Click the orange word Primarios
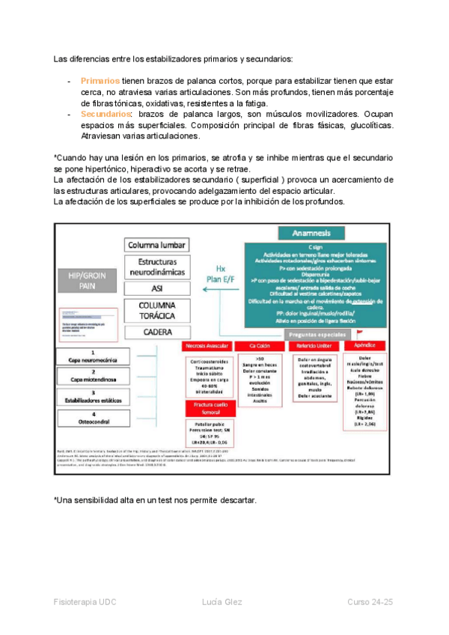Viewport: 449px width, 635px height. click(100, 81)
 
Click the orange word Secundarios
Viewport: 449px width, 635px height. click(105, 114)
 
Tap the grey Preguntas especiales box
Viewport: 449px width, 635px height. click(318, 334)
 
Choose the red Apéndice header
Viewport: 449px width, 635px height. click(363, 347)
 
